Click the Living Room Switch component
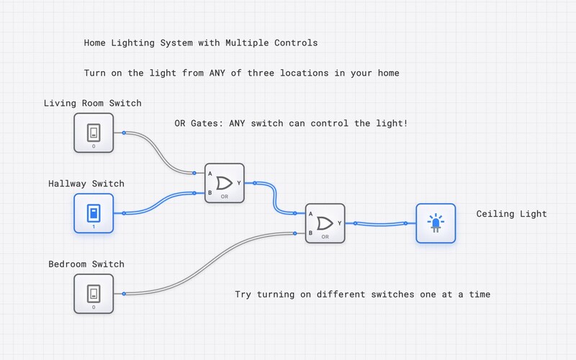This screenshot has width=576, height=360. (94, 132)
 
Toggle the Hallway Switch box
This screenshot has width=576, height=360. (94, 212)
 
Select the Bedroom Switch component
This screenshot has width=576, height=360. (94, 293)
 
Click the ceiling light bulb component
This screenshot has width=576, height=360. (436, 223)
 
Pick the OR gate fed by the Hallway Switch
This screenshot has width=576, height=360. (225, 183)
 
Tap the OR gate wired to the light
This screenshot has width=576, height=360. (325, 223)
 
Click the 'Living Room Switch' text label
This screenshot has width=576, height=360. (92, 103)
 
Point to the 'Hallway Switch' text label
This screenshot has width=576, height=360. (86, 184)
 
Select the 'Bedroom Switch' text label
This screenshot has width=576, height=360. (86, 264)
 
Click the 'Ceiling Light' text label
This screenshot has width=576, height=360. (511, 214)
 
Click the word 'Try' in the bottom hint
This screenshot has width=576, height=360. (243, 294)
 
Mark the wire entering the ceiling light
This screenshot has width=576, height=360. (382, 223)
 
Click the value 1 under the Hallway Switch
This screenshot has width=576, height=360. (94, 227)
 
